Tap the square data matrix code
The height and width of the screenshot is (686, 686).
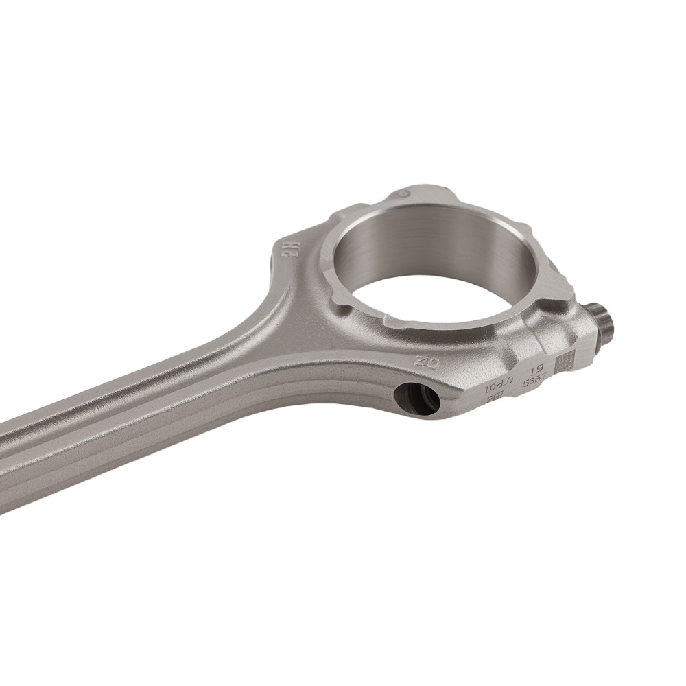(563, 363)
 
